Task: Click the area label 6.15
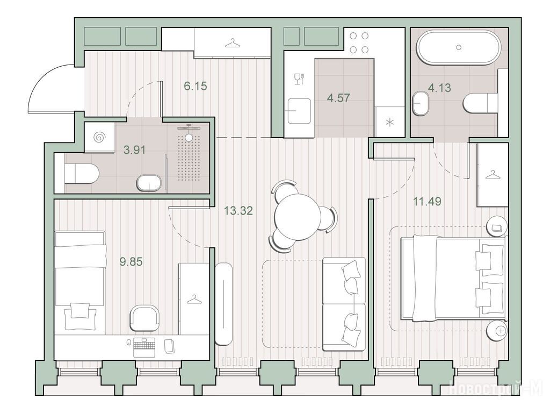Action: (196, 86)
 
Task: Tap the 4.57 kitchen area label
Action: (338, 98)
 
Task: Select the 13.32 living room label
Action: (238, 211)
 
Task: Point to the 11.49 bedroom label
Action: (427, 201)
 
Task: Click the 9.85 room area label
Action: (131, 262)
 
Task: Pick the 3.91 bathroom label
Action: (135, 150)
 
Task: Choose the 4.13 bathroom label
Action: (440, 88)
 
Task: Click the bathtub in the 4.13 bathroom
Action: (459, 47)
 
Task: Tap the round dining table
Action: (298, 217)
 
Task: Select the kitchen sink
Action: (299, 111)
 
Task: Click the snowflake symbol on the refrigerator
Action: (390, 123)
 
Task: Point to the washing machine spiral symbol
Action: (99, 137)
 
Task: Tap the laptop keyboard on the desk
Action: (144, 347)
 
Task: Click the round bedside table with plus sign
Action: (497, 331)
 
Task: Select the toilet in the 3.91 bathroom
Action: (81, 174)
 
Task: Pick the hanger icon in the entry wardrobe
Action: (232, 43)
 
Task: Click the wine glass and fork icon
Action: (299, 79)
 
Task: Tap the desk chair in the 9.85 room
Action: (144, 317)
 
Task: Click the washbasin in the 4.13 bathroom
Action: (421, 103)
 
